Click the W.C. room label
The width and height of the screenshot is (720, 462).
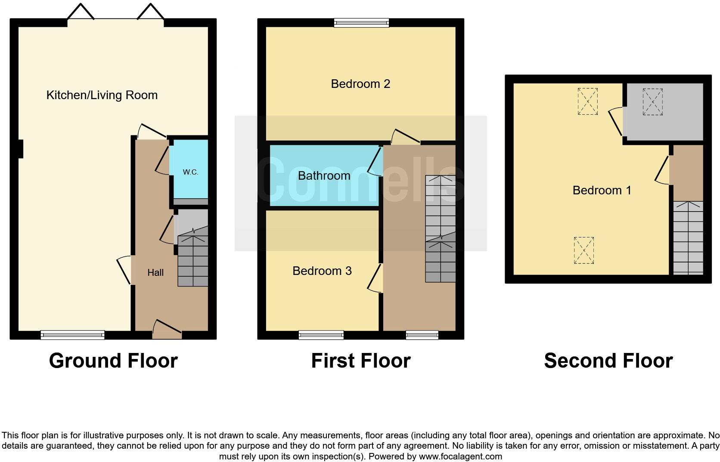point(190,172)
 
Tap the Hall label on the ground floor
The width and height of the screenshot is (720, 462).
point(155,272)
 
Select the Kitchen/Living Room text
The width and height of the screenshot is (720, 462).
point(102,95)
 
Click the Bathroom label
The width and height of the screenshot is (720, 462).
point(324,175)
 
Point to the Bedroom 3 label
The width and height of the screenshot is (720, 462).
point(322,271)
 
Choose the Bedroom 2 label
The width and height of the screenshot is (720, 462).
point(360,84)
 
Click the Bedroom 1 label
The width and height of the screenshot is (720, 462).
point(602,190)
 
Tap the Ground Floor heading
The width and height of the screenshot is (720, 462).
point(113,361)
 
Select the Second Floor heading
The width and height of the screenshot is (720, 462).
point(608,361)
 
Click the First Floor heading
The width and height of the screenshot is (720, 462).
point(360,361)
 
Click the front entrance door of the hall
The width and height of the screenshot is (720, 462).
point(167,330)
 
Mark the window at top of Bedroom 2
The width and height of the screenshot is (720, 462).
point(362,22)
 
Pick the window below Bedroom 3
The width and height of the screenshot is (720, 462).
point(321,335)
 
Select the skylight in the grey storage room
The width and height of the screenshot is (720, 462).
point(653,102)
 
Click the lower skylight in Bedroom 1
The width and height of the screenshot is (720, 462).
point(584,250)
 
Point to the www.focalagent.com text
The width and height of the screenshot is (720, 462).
point(460,456)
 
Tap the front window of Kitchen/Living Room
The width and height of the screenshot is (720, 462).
point(73,335)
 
